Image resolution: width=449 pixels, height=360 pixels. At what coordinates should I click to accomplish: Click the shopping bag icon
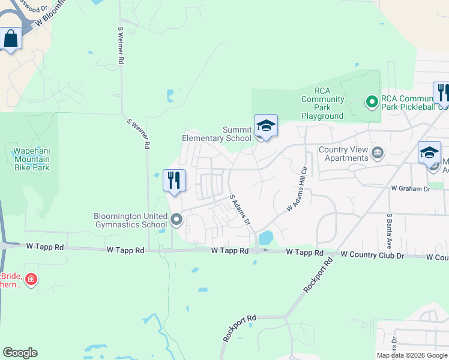tap(11, 39)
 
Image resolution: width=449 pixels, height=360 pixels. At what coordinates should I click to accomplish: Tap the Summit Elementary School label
tap(217, 134)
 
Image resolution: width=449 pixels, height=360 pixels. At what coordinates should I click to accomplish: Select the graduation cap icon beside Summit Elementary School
tap(266, 126)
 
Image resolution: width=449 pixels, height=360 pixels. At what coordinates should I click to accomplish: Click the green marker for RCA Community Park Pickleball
tap(372, 103)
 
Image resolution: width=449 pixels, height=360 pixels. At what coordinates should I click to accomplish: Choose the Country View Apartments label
tap(343, 154)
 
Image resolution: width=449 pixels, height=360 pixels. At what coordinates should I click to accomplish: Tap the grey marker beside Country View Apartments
tap(378, 151)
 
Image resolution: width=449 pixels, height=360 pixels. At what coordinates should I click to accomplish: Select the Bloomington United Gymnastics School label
tap(130, 220)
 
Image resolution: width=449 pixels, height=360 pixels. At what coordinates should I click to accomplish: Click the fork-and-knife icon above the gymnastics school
tap(174, 179)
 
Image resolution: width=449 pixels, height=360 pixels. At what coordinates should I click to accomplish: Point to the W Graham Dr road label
tap(411, 188)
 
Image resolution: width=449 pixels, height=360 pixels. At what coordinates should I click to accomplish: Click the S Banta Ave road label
tap(390, 227)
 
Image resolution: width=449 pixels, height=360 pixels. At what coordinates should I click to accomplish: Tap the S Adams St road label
tap(240, 210)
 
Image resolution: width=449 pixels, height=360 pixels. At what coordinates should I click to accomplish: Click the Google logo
tap(20, 353)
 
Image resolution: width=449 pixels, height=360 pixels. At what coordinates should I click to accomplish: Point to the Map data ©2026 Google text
tap(412, 355)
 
